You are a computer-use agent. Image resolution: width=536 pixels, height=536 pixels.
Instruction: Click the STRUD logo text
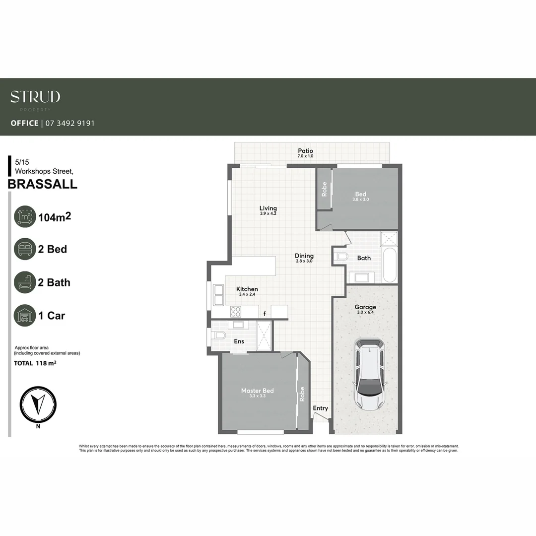(x=35, y=97)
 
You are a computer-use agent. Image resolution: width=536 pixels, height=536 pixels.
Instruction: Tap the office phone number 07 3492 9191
(x=69, y=123)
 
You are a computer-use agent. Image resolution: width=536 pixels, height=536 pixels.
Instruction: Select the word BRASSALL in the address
(x=43, y=184)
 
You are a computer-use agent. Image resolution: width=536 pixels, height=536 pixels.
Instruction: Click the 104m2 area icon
(x=25, y=217)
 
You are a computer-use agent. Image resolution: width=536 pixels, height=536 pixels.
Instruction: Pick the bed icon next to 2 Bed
(x=25, y=249)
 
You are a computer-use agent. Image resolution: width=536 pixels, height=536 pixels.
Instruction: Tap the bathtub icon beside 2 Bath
(x=25, y=282)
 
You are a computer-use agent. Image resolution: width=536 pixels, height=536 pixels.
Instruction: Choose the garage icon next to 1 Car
(x=25, y=316)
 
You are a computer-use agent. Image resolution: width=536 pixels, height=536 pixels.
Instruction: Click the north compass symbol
(x=38, y=404)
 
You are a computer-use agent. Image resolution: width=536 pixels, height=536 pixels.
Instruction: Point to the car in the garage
(x=369, y=375)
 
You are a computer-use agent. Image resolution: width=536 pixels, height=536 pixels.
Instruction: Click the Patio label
(x=305, y=151)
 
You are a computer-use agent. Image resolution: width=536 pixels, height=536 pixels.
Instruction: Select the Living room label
(x=268, y=208)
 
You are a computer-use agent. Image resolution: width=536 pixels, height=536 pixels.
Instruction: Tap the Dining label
(x=304, y=256)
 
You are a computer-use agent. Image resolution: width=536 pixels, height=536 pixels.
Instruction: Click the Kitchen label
(x=247, y=289)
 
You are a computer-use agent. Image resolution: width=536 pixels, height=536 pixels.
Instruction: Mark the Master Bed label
(x=257, y=391)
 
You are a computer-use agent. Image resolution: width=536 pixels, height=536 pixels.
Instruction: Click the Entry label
(x=320, y=408)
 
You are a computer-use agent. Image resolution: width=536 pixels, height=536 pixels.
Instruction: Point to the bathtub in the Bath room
(x=390, y=265)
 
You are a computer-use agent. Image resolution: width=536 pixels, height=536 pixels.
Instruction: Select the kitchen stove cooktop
(x=236, y=312)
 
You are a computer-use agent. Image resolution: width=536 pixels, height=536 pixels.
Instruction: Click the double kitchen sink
(x=218, y=295)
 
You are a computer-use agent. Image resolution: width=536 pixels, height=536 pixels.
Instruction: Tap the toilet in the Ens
(x=218, y=335)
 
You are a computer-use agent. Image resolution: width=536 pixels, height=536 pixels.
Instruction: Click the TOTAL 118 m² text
(x=35, y=363)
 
